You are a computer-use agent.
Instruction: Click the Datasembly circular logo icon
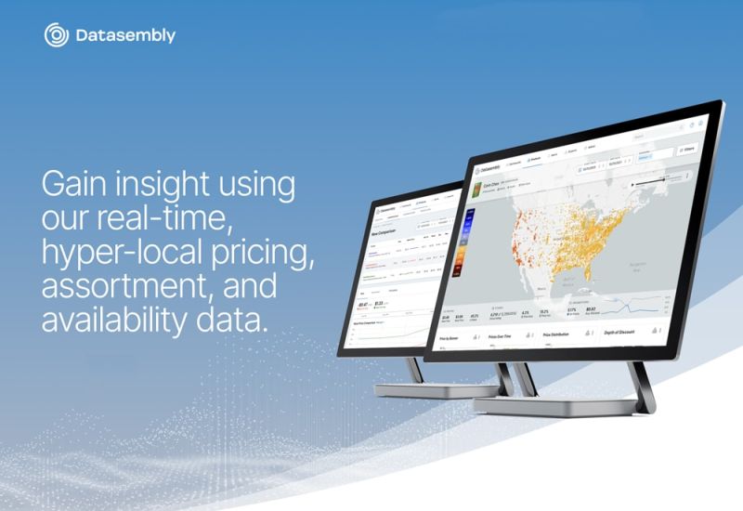click(57, 35)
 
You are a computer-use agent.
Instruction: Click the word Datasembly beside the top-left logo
click(124, 36)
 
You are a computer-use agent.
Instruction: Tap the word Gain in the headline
click(76, 184)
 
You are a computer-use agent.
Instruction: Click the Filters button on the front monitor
click(687, 148)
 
